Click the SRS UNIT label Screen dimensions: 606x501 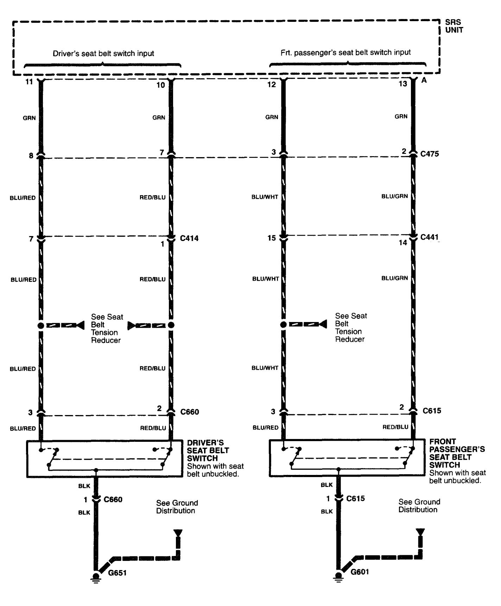click(x=454, y=26)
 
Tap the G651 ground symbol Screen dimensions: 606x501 click(x=95, y=577)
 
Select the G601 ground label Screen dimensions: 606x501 click(x=360, y=571)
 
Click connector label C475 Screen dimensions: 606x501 click(x=430, y=154)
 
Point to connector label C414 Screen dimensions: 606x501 click(x=189, y=239)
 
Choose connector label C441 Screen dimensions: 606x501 click(x=430, y=237)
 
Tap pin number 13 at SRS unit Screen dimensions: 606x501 click(x=403, y=84)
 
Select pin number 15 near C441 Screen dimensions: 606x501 click(x=271, y=239)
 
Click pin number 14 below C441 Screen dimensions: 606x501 click(x=403, y=243)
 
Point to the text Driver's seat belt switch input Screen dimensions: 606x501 click(x=103, y=54)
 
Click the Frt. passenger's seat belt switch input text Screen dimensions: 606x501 click(x=345, y=52)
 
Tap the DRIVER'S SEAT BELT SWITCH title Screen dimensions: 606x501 click(x=208, y=450)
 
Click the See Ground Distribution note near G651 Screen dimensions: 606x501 click(x=177, y=507)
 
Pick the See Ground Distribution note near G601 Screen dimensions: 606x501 click(x=419, y=506)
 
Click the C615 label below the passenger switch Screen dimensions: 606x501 click(x=355, y=499)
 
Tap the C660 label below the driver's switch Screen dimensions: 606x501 click(x=113, y=500)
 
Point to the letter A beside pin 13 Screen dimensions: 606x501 click(x=424, y=80)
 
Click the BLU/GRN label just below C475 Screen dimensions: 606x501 click(x=394, y=196)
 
